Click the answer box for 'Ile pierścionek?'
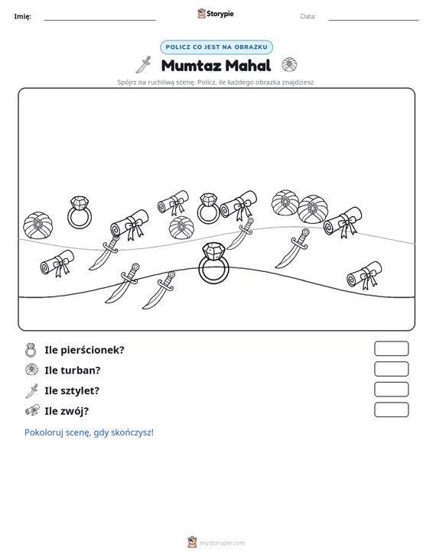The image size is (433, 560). tap(391, 348)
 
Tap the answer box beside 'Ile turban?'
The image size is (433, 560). tap(391, 369)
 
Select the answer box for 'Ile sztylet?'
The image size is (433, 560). tap(391, 390)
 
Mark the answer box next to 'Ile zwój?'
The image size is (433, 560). tap(391, 409)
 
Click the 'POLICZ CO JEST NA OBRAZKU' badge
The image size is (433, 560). tap(216, 47)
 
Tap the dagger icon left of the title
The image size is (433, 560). tap(143, 65)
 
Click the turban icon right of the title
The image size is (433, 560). tap(289, 65)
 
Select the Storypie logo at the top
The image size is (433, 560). tap(216, 14)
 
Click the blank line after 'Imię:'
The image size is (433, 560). tap(99, 20)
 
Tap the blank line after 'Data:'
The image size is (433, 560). tap(373, 20)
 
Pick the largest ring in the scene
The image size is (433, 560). tap(213, 264)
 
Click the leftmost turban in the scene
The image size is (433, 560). tap(38, 225)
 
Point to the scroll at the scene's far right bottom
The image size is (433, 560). tap(364, 275)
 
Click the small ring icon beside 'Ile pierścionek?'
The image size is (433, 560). tap(31, 351)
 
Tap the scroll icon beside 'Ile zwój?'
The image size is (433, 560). tap(32, 410)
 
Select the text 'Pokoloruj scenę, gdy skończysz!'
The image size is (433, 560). tap(89, 432)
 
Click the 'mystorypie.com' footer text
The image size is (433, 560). tap(223, 543)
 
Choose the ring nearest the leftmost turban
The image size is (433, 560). tap(80, 212)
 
